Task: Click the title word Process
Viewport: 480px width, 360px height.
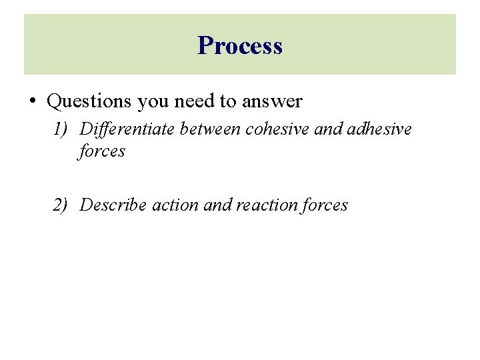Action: [240, 45]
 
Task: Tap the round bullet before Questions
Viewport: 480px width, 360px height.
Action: [33, 101]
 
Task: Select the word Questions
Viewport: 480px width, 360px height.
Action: [89, 101]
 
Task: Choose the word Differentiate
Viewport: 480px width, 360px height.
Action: [127, 129]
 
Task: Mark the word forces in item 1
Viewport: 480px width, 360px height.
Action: [102, 151]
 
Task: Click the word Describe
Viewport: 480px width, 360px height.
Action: [113, 205]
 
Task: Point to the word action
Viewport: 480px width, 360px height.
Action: [175, 205]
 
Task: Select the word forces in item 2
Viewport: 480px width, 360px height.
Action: [325, 205]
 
